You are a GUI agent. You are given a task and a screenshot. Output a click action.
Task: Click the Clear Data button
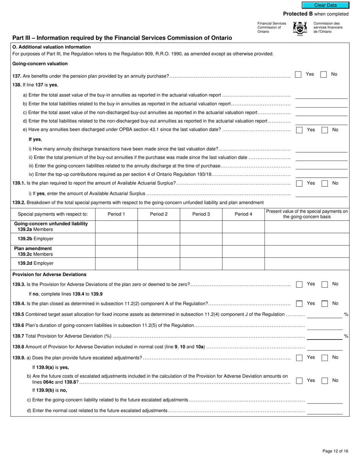pyautogui.click(x=325, y=5)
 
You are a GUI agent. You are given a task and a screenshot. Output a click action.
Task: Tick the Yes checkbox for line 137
pyautogui.click(x=298, y=75)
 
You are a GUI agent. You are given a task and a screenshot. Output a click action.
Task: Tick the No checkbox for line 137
pyautogui.click(x=323, y=75)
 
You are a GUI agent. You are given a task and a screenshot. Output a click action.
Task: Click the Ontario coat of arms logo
pyautogui.click(x=300, y=28)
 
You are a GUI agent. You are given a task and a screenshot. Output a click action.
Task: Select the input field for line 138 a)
pyautogui.click(x=321, y=95)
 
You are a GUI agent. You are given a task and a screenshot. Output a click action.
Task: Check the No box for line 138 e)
pyautogui.click(x=324, y=130)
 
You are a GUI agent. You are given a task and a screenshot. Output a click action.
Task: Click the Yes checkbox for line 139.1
pyautogui.click(x=299, y=183)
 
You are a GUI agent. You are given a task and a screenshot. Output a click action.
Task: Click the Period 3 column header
pyautogui.click(x=201, y=214)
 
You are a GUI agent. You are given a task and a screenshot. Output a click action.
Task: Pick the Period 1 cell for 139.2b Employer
pyautogui.click(x=116, y=239)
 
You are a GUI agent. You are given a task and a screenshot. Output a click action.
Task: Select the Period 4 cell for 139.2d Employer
pyautogui.click(x=243, y=263)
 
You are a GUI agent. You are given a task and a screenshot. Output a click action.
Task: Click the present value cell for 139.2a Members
pyautogui.click(x=307, y=227)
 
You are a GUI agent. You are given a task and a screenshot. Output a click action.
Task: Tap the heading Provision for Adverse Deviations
pyautogui.click(x=49, y=274)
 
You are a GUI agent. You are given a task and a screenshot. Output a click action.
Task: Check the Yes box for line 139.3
pyautogui.click(x=299, y=284)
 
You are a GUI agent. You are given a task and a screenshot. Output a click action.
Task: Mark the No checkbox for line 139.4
pyautogui.click(x=324, y=303)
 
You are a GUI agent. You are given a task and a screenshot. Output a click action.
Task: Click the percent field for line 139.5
pyautogui.click(x=324, y=314)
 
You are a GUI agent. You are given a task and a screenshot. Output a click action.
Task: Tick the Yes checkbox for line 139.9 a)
pyautogui.click(x=299, y=358)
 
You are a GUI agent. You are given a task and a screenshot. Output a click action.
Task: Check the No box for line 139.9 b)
pyautogui.click(x=324, y=381)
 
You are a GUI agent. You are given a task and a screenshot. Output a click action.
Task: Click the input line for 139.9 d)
pyautogui.click(x=324, y=411)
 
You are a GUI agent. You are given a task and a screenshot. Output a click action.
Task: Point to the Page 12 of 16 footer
pyautogui.click(x=335, y=451)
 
